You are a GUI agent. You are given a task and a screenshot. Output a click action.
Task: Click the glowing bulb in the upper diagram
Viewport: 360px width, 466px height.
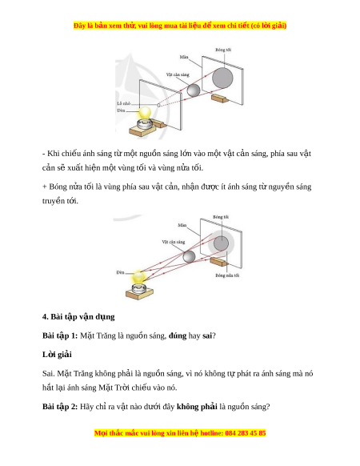(x=145, y=113)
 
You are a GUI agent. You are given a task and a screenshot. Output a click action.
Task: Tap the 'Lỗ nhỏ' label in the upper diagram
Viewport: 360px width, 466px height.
(x=124, y=103)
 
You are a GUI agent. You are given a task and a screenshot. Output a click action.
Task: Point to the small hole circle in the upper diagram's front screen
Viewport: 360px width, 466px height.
(x=158, y=105)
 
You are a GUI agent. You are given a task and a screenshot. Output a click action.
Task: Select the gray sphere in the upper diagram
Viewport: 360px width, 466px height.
(x=194, y=90)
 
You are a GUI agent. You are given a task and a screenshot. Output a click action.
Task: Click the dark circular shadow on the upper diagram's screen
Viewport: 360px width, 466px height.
(x=222, y=78)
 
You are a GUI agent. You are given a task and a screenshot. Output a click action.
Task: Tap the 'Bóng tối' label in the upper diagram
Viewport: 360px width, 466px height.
(x=223, y=50)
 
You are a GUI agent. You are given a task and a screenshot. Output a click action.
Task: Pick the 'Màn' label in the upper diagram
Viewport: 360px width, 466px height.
(x=184, y=57)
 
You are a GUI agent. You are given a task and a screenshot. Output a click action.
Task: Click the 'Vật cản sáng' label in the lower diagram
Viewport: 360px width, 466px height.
(x=174, y=242)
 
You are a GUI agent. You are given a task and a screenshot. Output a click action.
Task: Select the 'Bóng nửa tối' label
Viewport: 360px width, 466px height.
(x=227, y=275)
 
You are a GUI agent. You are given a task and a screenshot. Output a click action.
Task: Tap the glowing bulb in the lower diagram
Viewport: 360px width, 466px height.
(x=138, y=277)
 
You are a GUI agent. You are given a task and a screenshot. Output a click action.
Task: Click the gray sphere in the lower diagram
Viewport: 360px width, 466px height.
(x=189, y=257)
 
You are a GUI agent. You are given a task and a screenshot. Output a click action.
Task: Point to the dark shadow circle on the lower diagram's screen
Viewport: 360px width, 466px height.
(x=221, y=243)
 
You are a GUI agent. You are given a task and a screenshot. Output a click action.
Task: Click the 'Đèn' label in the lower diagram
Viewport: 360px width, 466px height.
(x=120, y=272)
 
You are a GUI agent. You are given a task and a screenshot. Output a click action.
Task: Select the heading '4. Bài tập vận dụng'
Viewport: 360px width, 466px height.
(x=78, y=317)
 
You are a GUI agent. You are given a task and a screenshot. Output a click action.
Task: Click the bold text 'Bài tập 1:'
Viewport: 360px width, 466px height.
(x=60, y=335)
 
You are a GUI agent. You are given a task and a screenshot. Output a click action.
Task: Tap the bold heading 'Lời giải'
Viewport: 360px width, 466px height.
(x=57, y=355)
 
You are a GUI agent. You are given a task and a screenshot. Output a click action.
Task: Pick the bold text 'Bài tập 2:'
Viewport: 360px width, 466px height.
(x=60, y=407)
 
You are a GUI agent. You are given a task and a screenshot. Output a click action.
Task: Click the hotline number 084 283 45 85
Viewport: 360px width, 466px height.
(x=246, y=433)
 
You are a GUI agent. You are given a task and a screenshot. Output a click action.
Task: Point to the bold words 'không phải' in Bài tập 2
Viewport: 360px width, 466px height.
(x=197, y=407)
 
